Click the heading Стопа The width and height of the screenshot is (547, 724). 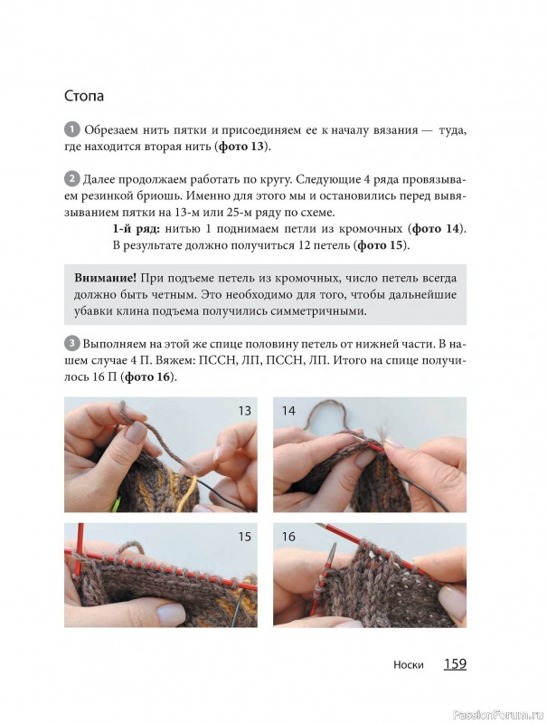tap(84, 96)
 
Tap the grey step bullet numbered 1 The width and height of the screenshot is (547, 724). tap(72, 129)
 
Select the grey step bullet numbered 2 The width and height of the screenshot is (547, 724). tap(71, 179)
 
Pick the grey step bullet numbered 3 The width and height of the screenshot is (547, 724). tap(71, 344)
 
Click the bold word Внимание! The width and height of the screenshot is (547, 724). tap(105, 278)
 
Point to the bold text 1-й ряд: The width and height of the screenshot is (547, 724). tap(137, 229)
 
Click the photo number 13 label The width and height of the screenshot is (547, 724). tap(244, 411)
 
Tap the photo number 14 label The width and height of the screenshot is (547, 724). tap(288, 411)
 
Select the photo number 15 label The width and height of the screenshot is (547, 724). tap(244, 537)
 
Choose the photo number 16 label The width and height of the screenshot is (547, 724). tap(288, 537)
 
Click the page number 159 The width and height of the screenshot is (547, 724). tap(455, 664)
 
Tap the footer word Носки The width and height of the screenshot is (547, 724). tap(408, 665)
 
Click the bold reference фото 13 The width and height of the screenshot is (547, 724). tap(242, 147)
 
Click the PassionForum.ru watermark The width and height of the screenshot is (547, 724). tap(498, 714)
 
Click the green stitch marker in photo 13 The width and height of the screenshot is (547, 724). tap(116, 504)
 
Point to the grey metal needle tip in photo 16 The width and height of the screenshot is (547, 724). tap(333, 553)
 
